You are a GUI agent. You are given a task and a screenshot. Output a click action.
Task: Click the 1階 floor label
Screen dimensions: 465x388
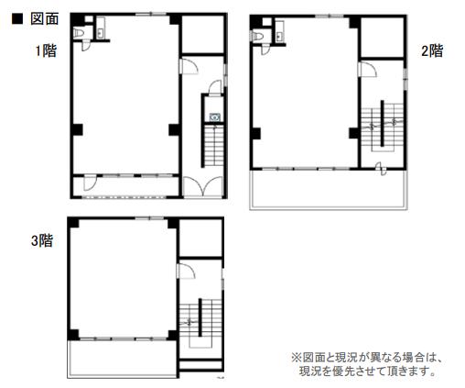click(46, 50)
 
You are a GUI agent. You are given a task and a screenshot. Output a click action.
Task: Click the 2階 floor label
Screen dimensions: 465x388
click(432, 50)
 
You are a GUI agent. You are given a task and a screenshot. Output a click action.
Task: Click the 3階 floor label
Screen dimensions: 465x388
click(42, 240)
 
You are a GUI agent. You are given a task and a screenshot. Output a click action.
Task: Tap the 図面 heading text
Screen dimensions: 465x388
click(45, 19)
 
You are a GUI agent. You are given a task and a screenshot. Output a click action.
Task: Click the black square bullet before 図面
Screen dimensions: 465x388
click(17, 19)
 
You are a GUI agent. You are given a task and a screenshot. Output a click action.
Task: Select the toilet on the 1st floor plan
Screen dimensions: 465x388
click(79, 33)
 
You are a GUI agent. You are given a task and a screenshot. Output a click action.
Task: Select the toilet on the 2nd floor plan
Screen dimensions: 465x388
click(258, 36)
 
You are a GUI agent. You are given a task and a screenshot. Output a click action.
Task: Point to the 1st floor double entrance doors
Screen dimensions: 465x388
click(203, 186)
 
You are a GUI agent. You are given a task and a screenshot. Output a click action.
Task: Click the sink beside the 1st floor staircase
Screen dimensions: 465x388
click(215, 116)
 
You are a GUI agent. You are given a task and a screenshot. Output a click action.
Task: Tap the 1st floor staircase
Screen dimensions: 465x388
click(214, 146)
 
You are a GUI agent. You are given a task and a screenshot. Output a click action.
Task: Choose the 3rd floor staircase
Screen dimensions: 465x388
click(200, 323)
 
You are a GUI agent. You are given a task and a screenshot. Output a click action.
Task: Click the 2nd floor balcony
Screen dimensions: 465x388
click(329, 189)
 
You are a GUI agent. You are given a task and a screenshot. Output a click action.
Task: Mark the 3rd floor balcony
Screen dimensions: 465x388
click(123, 359)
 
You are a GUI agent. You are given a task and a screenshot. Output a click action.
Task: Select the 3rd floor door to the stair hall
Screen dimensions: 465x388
click(186, 271)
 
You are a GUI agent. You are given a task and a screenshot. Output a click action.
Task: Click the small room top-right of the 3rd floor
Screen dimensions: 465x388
click(200, 238)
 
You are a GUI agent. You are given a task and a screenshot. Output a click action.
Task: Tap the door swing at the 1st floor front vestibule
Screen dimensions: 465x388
click(90, 183)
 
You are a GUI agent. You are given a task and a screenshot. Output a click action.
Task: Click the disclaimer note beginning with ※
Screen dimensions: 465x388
click(367, 364)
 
